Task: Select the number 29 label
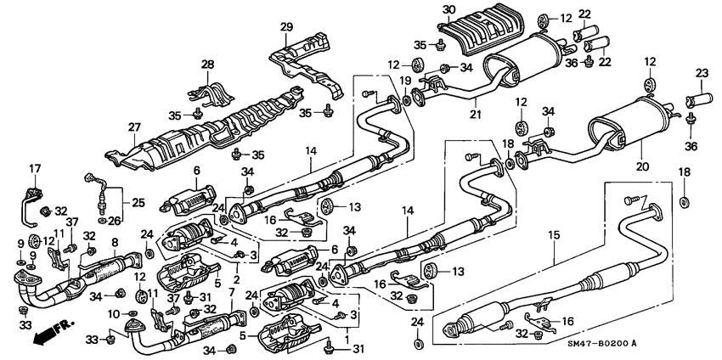coord(286,27)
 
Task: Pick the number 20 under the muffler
coord(641,166)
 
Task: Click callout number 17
coord(35,168)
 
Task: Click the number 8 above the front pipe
coord(115,243)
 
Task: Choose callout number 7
coord(232,291)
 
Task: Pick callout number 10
coord(111,315)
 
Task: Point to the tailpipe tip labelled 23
coord(699,103)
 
